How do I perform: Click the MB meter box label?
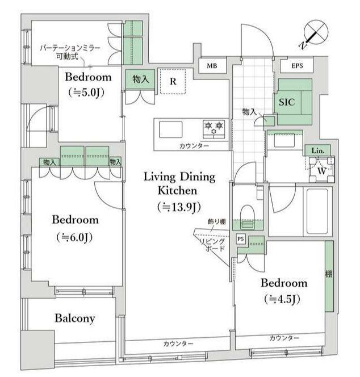212,66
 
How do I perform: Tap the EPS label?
297,66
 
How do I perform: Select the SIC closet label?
287,102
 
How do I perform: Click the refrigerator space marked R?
173,81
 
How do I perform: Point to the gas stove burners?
214,129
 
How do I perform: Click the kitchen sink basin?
170,129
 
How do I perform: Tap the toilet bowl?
247,213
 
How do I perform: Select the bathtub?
317,211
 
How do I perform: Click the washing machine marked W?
321,170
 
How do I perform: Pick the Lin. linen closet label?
318,151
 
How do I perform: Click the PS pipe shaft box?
241,239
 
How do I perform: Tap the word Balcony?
75,319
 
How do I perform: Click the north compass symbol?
315,34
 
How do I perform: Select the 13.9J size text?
179,207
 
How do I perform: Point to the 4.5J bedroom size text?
282,299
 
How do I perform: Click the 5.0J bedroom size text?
86,93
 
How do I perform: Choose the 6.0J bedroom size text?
74,237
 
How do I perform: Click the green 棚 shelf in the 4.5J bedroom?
329,277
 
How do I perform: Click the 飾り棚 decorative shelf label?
217,221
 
